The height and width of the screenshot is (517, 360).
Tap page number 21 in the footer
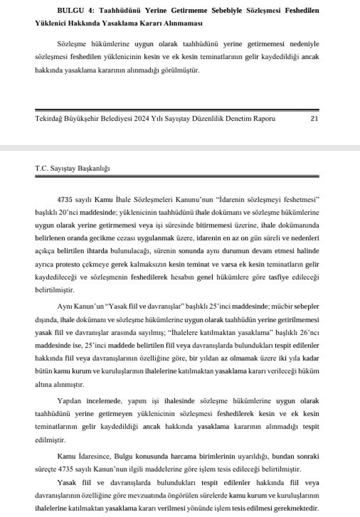314,118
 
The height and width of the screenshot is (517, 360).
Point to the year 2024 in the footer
142,118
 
